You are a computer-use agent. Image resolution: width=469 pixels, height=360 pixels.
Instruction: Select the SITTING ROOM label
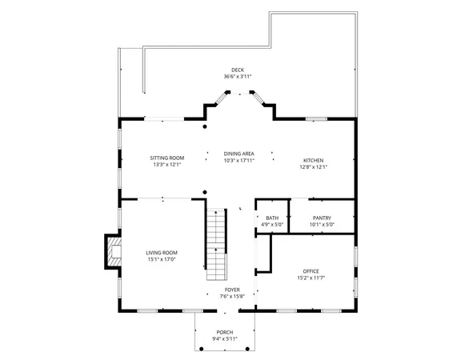pyautogui.click(x=167, y=158)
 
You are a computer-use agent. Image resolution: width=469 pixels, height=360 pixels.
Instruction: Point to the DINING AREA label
pyautogui.click(x=239, y=153)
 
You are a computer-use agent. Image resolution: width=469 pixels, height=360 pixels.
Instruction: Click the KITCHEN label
pyautogui.click(x=313, y=161)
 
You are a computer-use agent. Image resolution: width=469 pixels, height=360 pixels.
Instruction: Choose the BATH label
pyautogui.click(x=272, y=218)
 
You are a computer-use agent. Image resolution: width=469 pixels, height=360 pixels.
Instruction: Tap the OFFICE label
pyautogui.click(x=311, y=271)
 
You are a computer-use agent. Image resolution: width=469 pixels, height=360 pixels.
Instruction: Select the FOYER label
pyautogui.click(x=232, y=290)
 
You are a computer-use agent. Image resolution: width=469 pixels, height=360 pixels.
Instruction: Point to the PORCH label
pyautogui.click(x=226, y=332)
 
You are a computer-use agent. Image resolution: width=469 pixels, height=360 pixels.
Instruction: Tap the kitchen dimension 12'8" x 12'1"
pyautogui.click(x=313, y=167)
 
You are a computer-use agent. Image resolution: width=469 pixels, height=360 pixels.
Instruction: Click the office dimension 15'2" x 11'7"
pyautogui.click(x=311, y=278)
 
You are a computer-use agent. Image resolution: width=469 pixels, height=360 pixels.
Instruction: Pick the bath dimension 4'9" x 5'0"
pyautogui.click(x=272, y=224)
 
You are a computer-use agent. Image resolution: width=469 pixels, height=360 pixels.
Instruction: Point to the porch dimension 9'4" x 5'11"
pyautogui.click(x=226, y=338)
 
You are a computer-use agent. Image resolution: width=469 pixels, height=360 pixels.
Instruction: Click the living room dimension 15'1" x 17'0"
pyautogui.click(x=161, y=259)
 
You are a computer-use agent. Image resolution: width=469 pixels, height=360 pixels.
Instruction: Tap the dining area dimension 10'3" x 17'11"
pyautogui.click(x=239, y=159)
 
